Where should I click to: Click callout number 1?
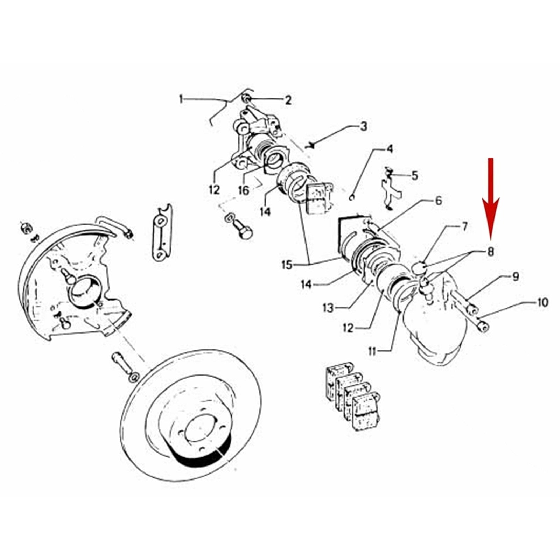[181, 100]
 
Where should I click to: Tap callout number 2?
[288, 100]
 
